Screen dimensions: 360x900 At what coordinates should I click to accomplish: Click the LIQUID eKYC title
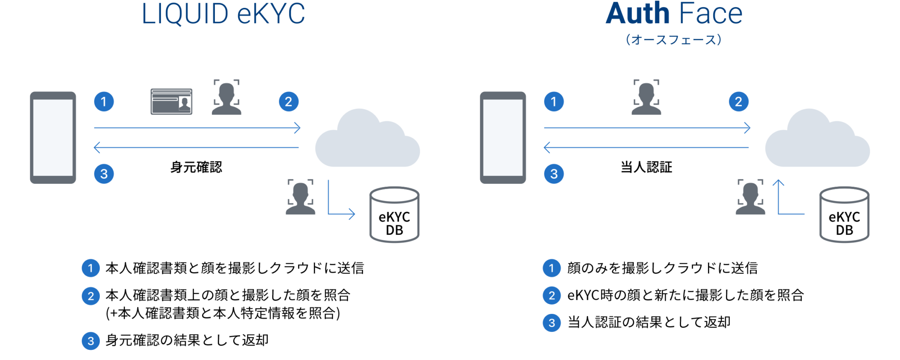point(223,14)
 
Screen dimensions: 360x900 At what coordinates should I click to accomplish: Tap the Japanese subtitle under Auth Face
point(673,40)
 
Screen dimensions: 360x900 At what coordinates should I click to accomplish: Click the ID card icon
point(171,102)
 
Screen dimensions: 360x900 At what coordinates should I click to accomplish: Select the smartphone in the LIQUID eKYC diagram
point(53,138)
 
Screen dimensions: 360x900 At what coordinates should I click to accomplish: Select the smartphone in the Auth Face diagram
point(503,138)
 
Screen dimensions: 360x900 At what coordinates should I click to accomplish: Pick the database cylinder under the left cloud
point(394,215)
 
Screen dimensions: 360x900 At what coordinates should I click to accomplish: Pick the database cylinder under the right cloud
point(844,215)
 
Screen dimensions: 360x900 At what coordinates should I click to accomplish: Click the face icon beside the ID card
point(226,98)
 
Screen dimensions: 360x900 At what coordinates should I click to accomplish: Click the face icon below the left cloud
point(301,197)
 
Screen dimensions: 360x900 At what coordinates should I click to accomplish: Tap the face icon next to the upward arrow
point(750,197)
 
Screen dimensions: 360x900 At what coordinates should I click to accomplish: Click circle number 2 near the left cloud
point(289,102)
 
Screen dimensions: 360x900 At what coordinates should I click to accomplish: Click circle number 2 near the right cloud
point(739,102)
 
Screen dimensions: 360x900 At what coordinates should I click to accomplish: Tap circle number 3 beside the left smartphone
point(104,174)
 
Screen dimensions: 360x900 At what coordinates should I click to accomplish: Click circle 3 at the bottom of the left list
point(91,341)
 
